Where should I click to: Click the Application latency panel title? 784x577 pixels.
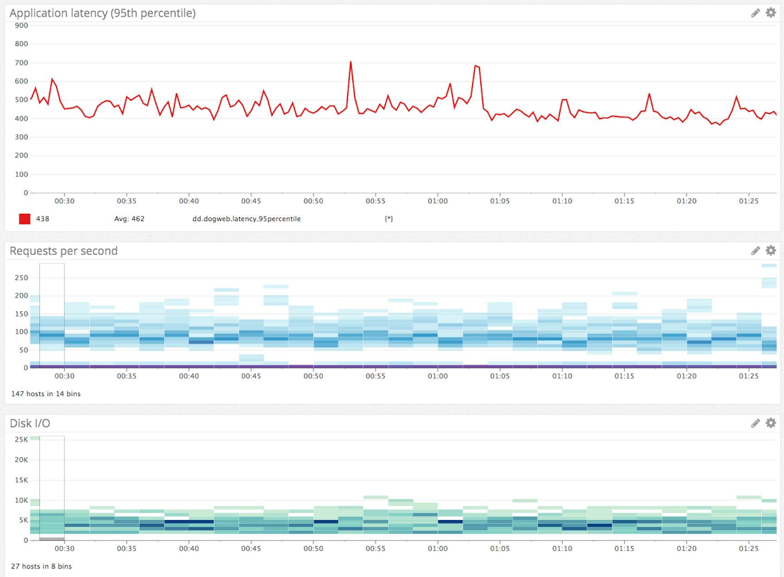coord(102,13)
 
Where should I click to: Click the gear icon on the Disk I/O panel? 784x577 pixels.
coord(771,422)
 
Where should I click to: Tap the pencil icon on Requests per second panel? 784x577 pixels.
coord(755,250)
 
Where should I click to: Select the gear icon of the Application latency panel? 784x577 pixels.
coord(771,12)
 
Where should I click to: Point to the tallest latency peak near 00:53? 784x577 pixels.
coord(351,62)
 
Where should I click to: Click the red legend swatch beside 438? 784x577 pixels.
coord(25,219)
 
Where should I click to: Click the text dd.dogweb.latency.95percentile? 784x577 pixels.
coord(246,219)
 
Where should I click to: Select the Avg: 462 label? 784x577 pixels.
coord(129,219)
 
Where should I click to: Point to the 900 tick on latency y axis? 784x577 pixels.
coord(21,25)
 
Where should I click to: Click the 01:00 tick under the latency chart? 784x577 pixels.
coord(437,201)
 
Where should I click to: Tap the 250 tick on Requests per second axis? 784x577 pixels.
coord(21,278)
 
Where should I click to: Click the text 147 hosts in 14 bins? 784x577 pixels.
coord(46,394)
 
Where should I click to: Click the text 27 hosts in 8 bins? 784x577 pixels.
coord(41,566)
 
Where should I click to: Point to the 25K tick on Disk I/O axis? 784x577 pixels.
coord(21,439)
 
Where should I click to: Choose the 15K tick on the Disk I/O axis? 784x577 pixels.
coord(21,480)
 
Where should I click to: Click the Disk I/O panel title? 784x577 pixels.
coord(30,423)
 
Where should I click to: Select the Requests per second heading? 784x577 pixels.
coord(63,251)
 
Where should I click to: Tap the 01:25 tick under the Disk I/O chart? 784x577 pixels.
coord(748,548)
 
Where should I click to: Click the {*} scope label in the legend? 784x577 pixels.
coord(388,219)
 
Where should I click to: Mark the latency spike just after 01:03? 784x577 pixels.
coord(476,66)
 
